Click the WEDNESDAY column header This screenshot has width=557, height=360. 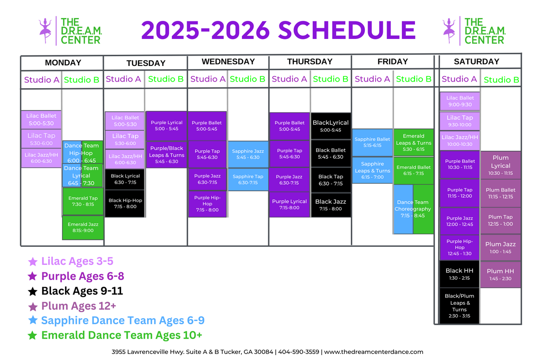[228, 62]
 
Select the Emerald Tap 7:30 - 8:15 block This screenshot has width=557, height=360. [83, 201]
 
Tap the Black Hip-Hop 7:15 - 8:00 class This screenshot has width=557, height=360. [125, 204]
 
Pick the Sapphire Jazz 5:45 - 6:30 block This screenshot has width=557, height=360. [248, 154]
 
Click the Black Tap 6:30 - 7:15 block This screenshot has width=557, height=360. [330, 180]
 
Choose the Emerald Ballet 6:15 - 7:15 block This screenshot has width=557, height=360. [414, 170]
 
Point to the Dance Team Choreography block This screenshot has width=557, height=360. [414, 209]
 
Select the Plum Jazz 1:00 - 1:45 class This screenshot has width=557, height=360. [500, 248]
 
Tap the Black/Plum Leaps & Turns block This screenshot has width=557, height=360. [459, 306]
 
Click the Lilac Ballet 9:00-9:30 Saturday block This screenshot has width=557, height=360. [460, 101]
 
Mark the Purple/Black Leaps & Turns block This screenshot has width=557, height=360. [167, 154]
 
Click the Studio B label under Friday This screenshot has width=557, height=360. [414, 79]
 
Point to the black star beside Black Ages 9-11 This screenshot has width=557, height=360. [32, 291]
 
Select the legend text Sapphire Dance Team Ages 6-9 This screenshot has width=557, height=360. [123, 320]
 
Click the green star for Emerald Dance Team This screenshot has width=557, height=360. [32, 335]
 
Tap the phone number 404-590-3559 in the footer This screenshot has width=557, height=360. [298, 352]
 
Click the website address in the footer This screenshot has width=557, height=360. [374, 352]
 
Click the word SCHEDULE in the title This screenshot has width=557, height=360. [347, 30]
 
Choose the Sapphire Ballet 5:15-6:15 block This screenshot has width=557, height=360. [372, 142]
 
